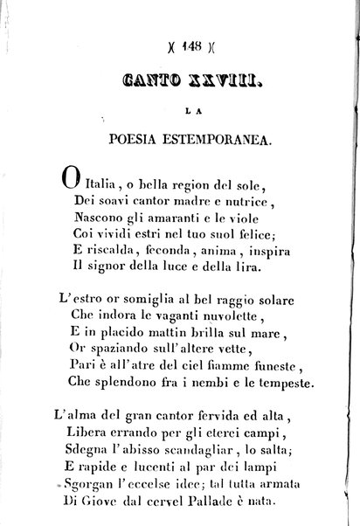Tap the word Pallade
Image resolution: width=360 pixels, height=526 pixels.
(x=232, y=515)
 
